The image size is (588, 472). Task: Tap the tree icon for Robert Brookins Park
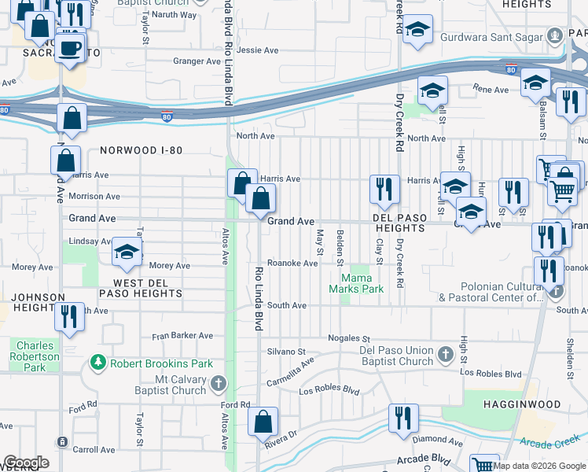coord(98,363)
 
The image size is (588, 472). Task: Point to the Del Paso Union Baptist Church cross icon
coord(445,351)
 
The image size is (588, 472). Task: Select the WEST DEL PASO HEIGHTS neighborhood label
coord(136,288)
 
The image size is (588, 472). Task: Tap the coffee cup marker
coord(71,48)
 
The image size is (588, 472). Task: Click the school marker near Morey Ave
coord(127,253)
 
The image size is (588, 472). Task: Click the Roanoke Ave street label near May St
coord(292,264)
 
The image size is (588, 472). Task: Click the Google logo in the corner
coord(25,463)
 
